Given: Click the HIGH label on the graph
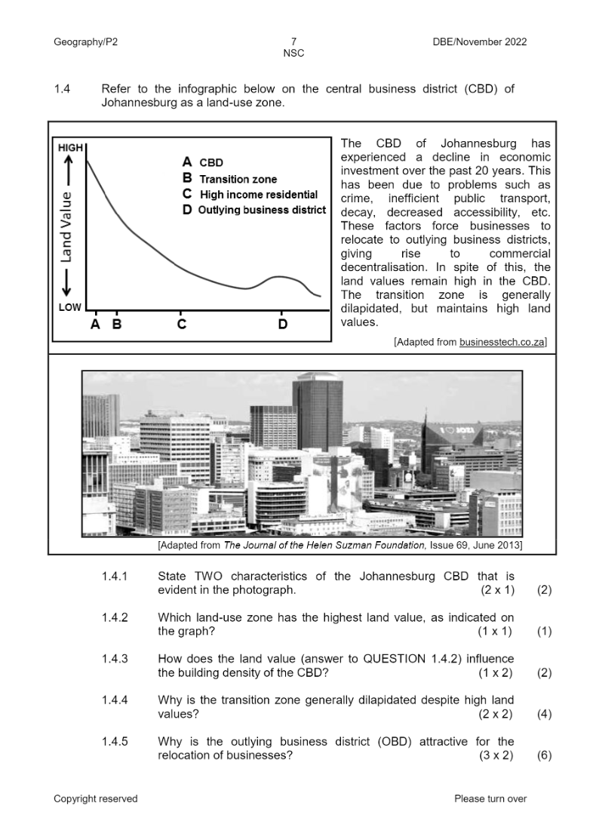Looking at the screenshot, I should (70, 149).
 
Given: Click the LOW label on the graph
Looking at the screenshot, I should (69, 308).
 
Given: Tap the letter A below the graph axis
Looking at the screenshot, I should (95, 325).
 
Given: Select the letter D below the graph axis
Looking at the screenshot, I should (282, 325).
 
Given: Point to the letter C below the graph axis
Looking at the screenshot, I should (181, 325).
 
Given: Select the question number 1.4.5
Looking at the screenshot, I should (115, 741).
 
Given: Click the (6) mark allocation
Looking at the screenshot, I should (544, 755).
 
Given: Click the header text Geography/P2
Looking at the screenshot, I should (85, 42).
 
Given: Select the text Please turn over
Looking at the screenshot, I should (490, 798).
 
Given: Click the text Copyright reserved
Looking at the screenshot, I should (95, 798).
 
